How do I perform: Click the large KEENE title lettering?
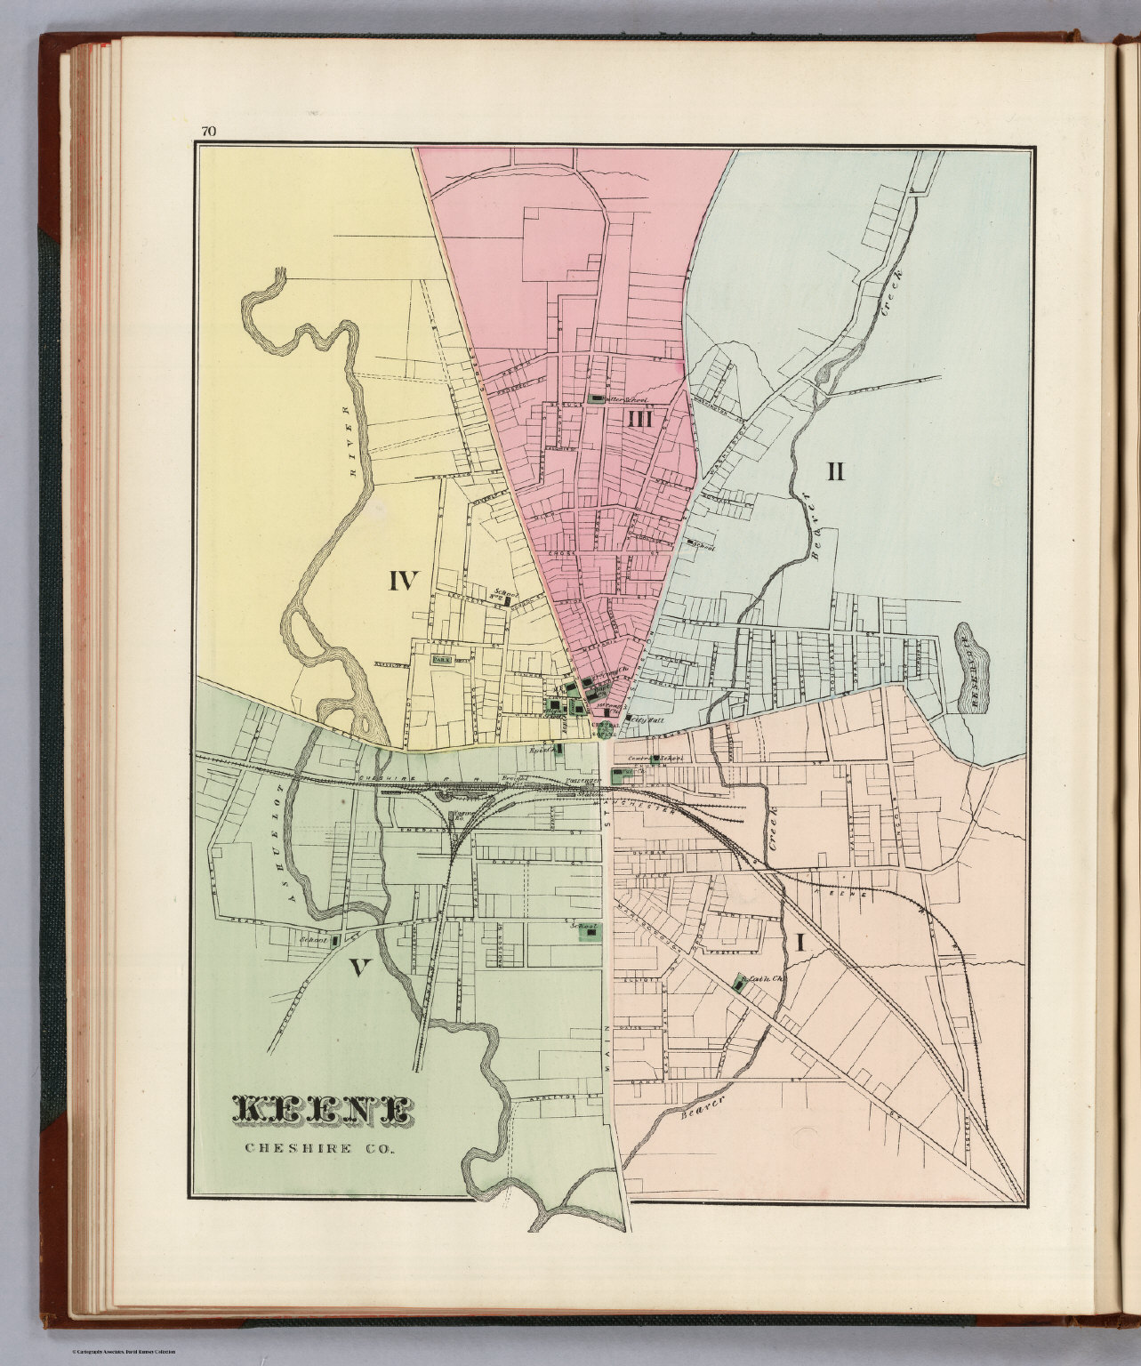coord(321,1109)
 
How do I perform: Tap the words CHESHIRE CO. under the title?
coord(322,1145)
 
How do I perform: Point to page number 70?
coord(208,132)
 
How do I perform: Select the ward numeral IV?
coord(403,582)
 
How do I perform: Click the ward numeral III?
coord(640,419)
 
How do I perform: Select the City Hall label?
coord(642,718)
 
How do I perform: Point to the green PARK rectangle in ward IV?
coord(442,660)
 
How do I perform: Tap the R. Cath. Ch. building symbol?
coord(739,984)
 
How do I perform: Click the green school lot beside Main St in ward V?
coord(587,931)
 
